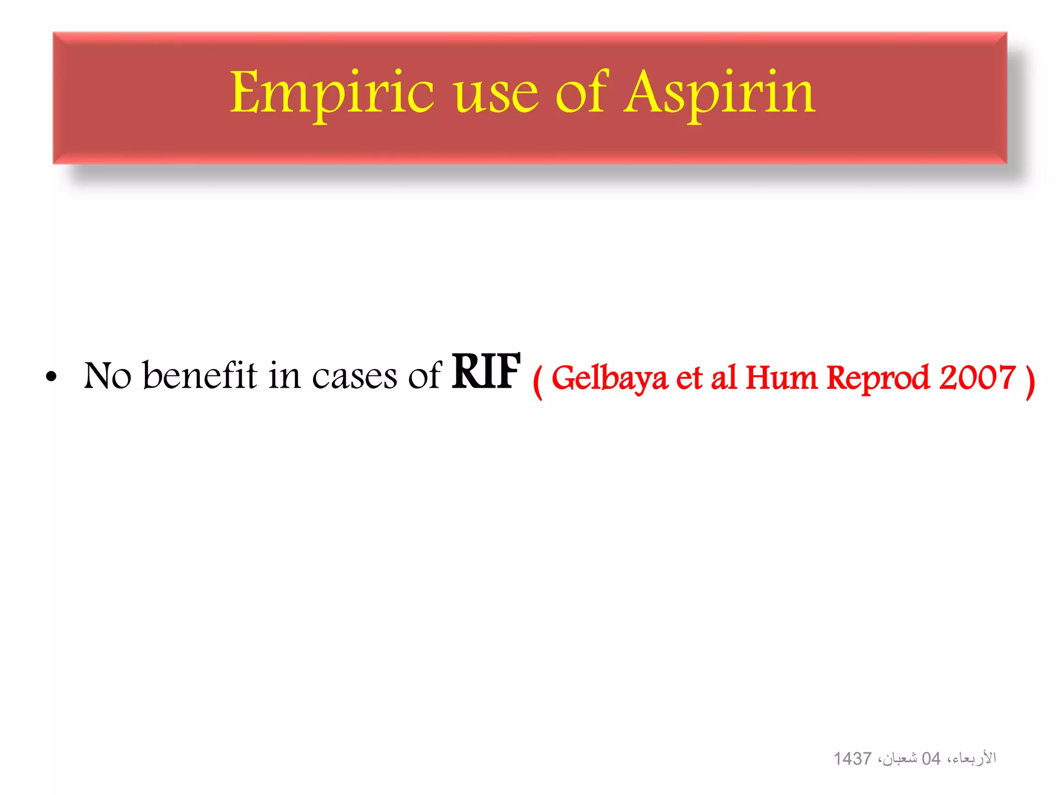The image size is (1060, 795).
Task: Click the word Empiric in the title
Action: (331, 93)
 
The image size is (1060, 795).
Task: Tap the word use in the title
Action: (497, 96)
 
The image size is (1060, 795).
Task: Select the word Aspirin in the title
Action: (719, 93)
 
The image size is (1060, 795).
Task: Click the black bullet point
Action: (51, 376)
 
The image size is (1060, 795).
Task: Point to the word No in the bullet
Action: (108, 375)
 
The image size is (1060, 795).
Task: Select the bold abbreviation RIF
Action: (485, 371)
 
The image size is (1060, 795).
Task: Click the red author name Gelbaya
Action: (609, 378)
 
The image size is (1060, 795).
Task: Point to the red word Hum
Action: (782, 377)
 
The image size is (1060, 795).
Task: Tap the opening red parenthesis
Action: (538, 381)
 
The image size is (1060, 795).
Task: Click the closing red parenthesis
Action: (1030, 381)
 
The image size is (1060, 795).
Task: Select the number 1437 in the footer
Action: (852, 759)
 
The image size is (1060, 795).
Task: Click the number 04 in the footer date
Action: (931, 759)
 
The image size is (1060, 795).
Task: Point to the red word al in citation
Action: (724, 377)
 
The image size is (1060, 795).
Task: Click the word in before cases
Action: (284, 375)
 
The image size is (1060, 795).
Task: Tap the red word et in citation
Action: (689, 378)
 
